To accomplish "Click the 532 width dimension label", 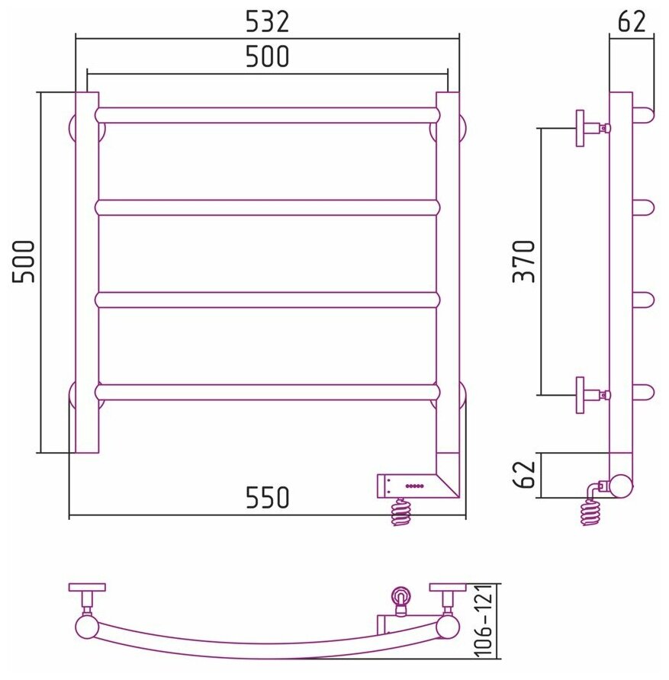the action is coord(267,21).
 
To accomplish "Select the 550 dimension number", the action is coord(267,497).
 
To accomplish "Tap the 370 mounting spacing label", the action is coord(523,261).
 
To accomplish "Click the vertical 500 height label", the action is coord(24,261).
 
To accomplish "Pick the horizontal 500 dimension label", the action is coord(267,56).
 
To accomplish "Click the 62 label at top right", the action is coord(632,21).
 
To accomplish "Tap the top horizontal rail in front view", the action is coord(267,115).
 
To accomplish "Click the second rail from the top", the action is coord(267,207).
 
